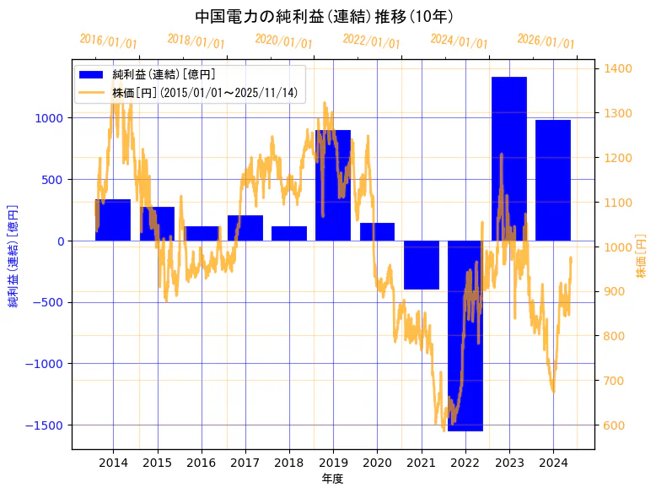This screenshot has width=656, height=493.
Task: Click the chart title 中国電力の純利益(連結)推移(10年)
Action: click(x=324, y=16)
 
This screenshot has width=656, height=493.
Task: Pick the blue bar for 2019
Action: click(x=333, y=186)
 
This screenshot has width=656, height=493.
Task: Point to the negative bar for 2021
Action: click(x=421, y=265)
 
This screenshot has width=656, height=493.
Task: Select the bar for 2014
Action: click(x=113, y=220)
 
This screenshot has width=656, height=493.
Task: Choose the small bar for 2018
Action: click(x=289, y=234)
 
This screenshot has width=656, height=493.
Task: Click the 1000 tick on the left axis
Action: click(x=49, y=118)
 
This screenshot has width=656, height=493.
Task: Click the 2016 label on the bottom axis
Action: click(x=201, y=463)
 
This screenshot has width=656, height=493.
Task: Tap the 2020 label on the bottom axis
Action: click(x=377, y=463)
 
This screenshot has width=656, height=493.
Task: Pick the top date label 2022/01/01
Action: click(x=371, y=41)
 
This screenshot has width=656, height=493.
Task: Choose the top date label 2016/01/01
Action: click(x=108, y=41)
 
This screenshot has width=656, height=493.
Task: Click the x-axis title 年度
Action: click(x=333, y=479)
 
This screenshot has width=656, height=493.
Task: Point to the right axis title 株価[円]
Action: click(x=641, y=257)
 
